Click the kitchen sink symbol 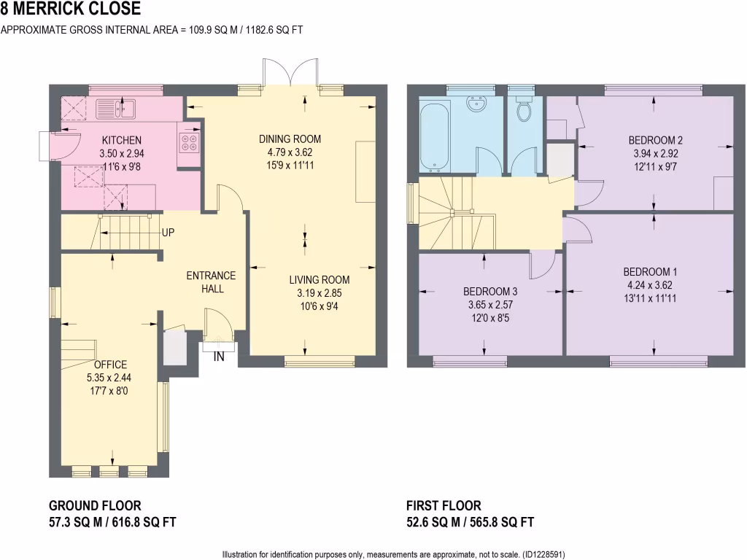[115, 109]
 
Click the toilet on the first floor [522, 109]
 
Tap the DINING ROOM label [290, 139]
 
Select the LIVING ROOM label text [319, 279]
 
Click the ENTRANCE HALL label [211, 282]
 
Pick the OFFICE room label [110, 365]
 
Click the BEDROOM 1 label [650, 272]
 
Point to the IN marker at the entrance [217, 357]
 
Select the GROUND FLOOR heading [95, 505]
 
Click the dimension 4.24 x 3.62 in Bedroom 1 [650, 285]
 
